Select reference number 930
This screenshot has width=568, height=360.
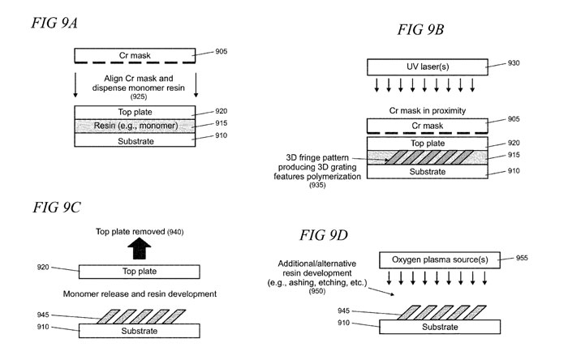(x=511, y=63)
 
